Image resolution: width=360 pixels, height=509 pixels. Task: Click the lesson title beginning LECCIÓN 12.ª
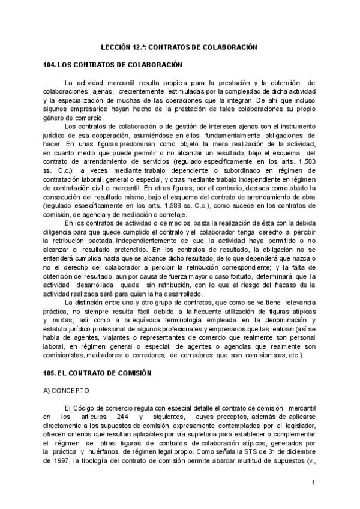click(178, 46)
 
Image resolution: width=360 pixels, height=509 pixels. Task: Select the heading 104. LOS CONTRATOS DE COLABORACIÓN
click(113, 64)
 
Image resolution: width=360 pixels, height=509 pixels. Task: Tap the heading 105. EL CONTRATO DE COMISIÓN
click(101, 373)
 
